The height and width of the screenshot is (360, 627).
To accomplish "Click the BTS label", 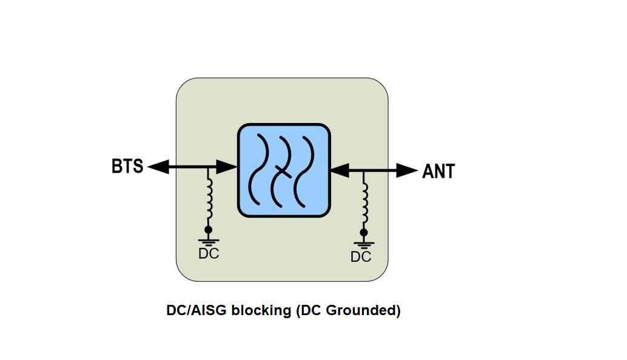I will pos(127,166).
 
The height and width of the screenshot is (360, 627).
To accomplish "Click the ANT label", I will pos(438,172).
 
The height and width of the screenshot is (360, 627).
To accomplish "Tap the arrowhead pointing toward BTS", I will pos(158,167).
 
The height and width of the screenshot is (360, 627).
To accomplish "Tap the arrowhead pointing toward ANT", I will pos(407,170).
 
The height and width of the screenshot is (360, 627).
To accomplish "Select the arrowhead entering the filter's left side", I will pos(226,167).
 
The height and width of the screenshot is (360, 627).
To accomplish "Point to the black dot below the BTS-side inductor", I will pos(209,230).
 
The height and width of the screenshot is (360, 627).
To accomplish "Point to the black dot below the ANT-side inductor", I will pos(363,233).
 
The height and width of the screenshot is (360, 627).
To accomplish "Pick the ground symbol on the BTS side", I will pos(209,241).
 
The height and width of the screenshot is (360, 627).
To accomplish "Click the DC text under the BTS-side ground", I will pos(209,254).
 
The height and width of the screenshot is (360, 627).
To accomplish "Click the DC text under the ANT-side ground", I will pos(361,257).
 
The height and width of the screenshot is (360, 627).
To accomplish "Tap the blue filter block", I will pos(284,170).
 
